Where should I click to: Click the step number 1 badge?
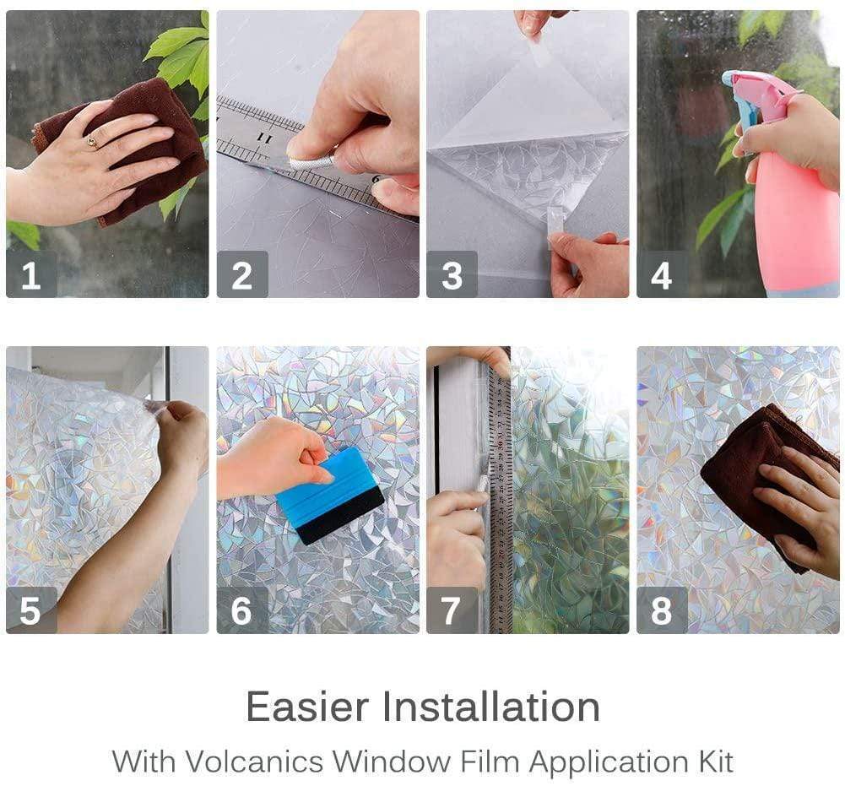(x=31, y=275)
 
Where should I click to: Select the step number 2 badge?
(x=242, y=275)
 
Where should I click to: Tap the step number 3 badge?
(x=452, y=275)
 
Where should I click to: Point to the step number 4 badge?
(x=662, y=275)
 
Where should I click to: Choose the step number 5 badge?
(x=31, y=610)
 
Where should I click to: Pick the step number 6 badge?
(x=242, y=610)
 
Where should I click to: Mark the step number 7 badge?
(x=452, y=610)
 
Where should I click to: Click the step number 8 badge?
(x=662, y=610)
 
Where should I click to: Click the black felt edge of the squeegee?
(x=342, y=517)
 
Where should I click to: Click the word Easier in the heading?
(x=317, y=707)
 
